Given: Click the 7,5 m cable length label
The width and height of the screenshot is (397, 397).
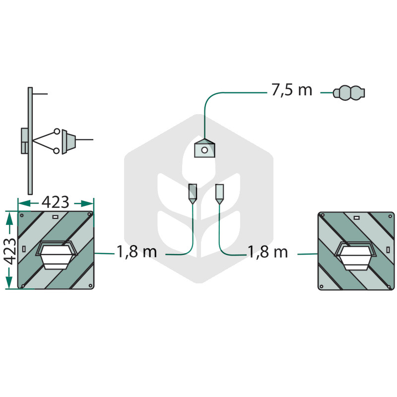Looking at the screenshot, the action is click(292, 90).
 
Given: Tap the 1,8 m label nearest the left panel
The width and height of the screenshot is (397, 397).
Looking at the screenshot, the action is click(137, 252).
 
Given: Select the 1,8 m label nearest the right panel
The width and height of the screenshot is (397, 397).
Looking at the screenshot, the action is click(268, 252).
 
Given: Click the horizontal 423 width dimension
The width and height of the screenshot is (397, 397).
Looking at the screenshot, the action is click(55, 202).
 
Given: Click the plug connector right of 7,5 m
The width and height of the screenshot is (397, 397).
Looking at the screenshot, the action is click(349, 93).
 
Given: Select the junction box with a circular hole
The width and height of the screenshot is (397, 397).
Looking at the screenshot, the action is click(204, 148).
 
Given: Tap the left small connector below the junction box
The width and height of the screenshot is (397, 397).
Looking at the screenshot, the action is click(193, 194).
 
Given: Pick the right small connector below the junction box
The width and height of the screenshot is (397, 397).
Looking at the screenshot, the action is click(219, 194).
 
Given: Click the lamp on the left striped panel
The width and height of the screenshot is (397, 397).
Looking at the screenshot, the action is click(56, 255).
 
